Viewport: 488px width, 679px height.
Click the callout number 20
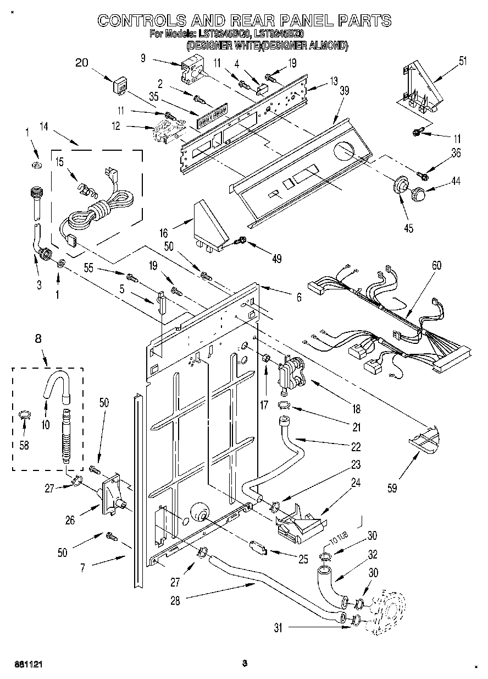81,63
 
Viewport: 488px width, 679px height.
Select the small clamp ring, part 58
25,414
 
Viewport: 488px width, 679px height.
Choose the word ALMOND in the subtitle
324,46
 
